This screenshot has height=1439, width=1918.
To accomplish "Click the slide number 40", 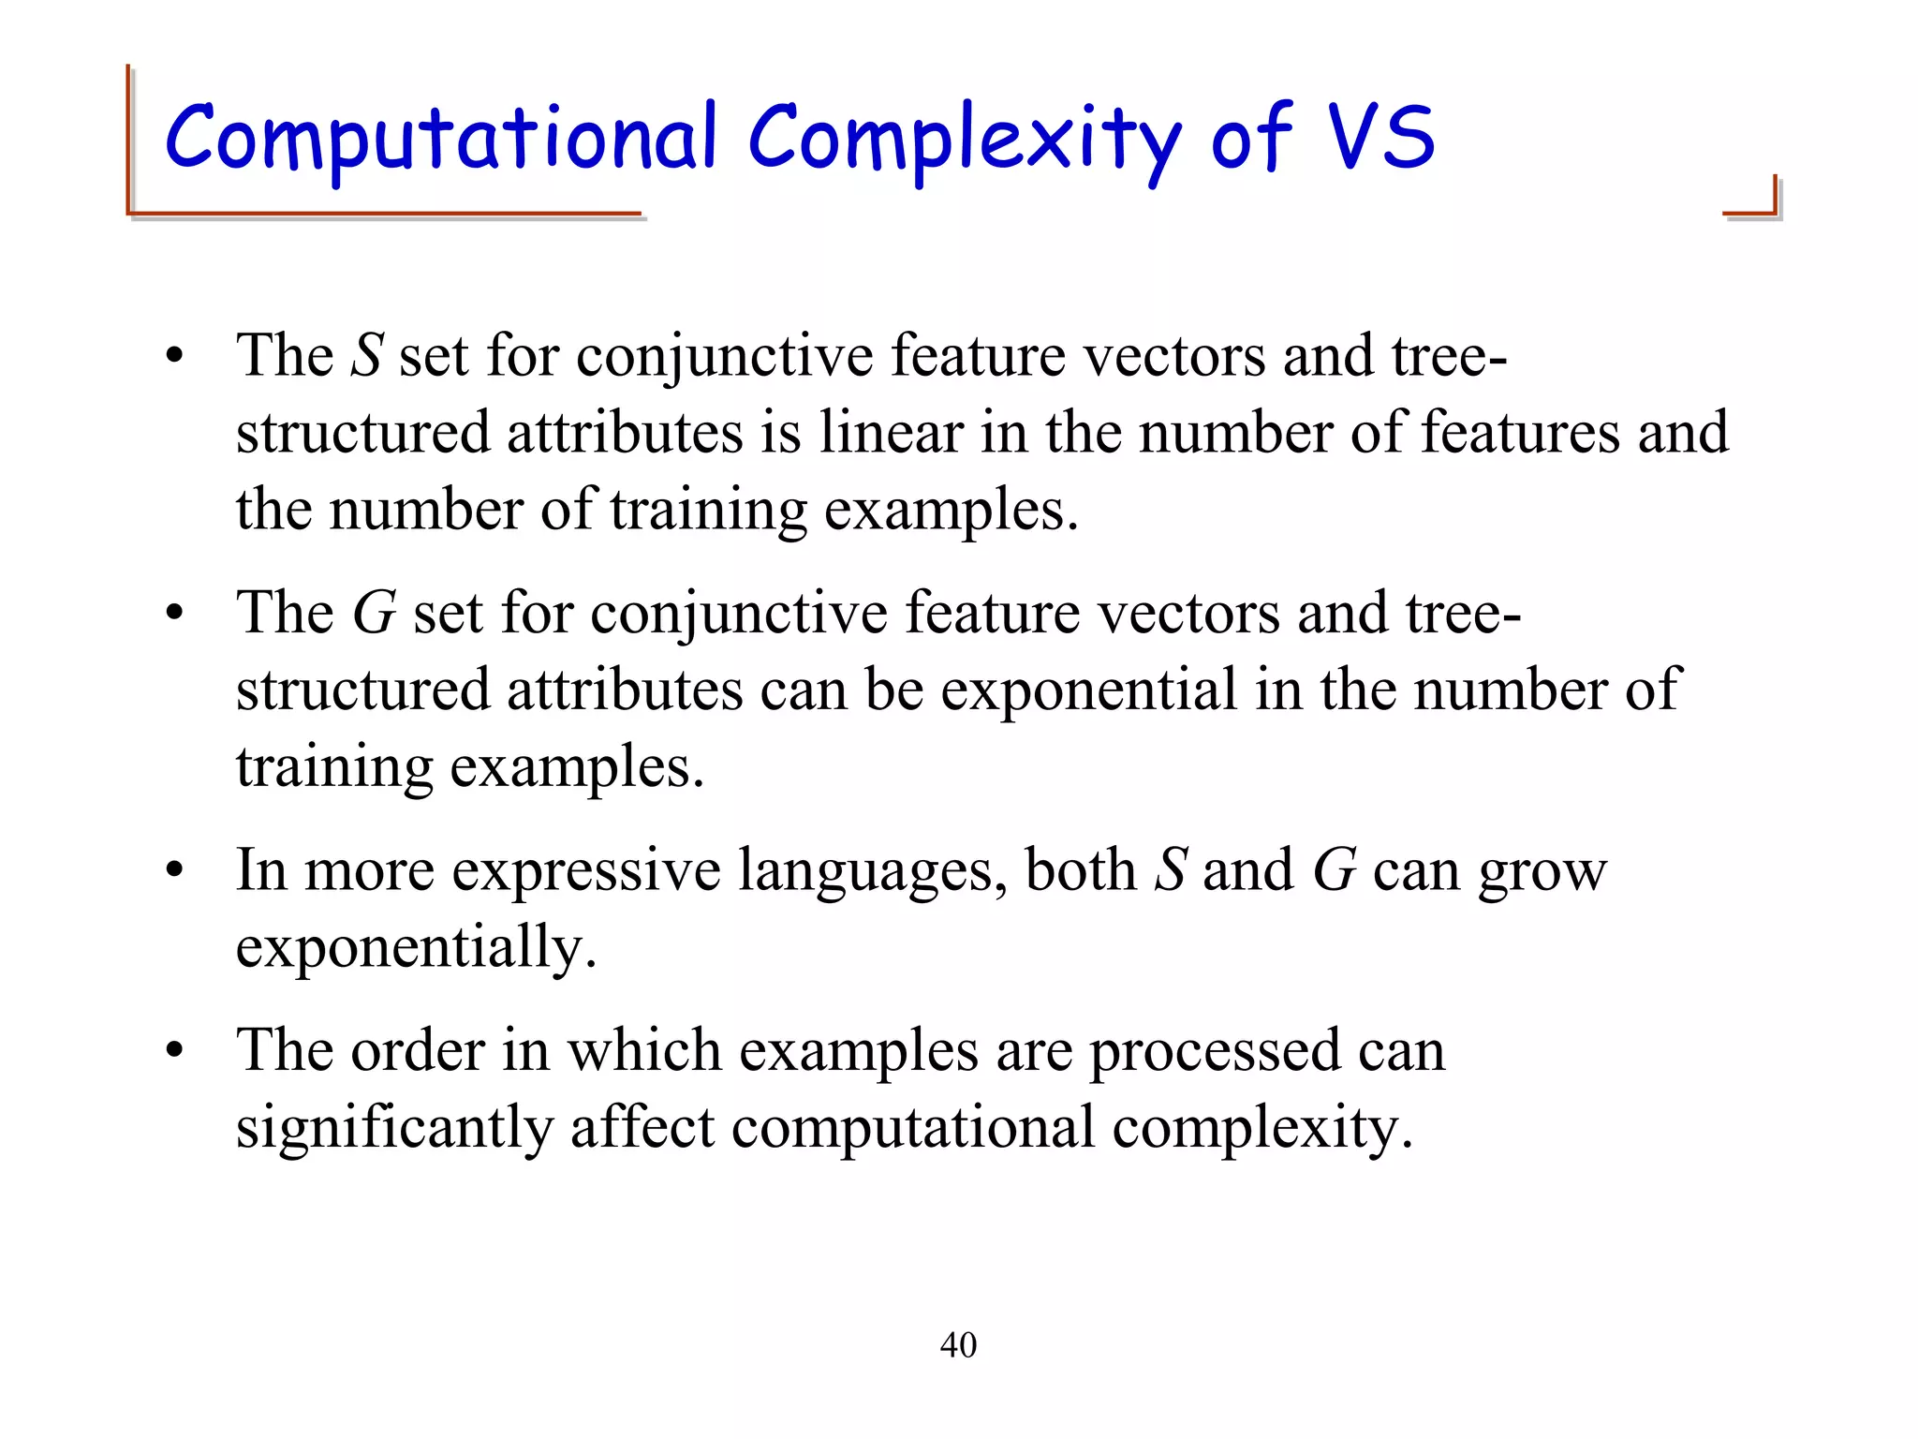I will [958, 1345].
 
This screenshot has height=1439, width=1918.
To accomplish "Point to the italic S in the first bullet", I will [366, 356].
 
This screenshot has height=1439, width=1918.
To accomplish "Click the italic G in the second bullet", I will [374, 614].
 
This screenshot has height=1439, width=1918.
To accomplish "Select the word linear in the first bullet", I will [891, 433].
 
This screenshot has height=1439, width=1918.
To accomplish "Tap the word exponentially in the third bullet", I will [416, 948].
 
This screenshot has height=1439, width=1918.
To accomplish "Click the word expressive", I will [586, 870].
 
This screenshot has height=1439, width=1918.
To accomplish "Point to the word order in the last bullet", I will [417, 1050].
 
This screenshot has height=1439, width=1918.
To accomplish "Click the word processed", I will [1215, 1052].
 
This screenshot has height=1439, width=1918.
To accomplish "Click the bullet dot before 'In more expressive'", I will [174, 871].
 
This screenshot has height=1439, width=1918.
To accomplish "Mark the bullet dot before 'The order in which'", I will [174, 1051].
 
